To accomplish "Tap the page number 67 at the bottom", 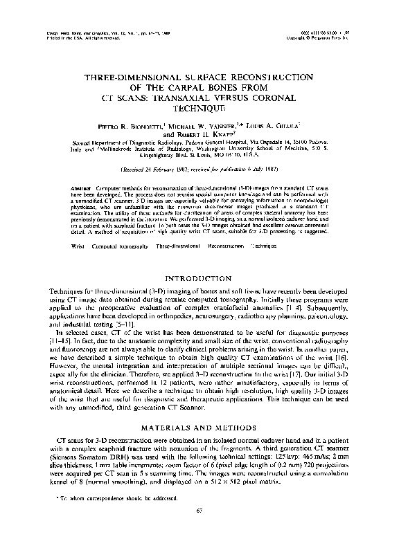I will pos(199,530).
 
